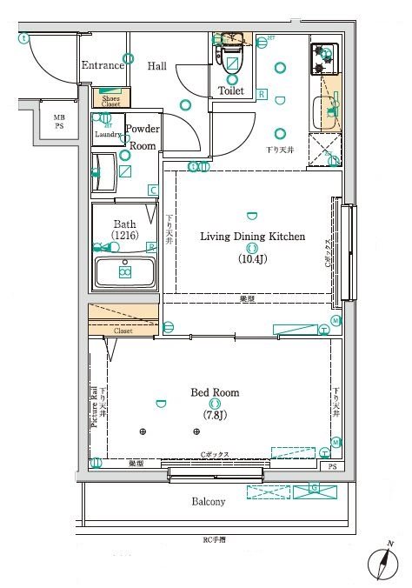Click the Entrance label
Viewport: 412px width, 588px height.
pyautogui.click(x=103, y=66)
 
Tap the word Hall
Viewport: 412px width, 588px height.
pyautogui.click(x=157, y=66)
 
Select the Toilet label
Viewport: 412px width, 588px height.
pyautogui.click(x=230, y=90)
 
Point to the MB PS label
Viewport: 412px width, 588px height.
pyautogui.click(x=59, y=123)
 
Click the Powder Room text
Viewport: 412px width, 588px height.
pyautogui.click(x=142, y=137)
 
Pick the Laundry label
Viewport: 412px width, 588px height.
pyautogui.click(x=107, y=135)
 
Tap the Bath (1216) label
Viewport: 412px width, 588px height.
pyautogui.click(x=124, y=230)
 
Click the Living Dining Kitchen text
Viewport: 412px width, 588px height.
pyautogui.click(x=252, y=236)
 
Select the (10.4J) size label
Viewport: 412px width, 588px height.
pyautogui.click(x=252, y=258)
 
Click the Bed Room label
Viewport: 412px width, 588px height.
pyautogui.click(x=215, y=392)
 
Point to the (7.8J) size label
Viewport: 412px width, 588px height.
pyautogui.click(x=215, y=414)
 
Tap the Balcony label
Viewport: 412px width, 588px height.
pyautogui.click(x=208, y=502)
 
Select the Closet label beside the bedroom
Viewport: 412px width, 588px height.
pyautogui.click(x=123, y=331)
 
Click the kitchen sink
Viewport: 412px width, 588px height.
pyautogui.click(x=329, y=110)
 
